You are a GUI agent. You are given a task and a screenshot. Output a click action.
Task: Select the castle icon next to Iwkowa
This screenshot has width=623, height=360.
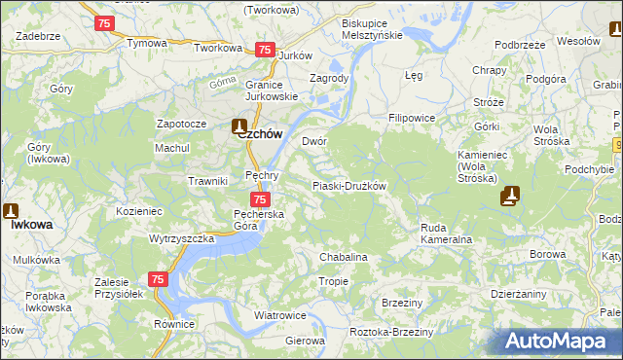pyautogui.click(x=11, y=210)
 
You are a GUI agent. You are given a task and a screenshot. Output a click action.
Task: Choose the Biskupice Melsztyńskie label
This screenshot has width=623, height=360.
pyautogui.click(x=372, y=28)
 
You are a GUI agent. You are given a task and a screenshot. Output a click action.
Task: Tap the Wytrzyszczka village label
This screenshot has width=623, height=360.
pyautogui.click(x=182, y=237)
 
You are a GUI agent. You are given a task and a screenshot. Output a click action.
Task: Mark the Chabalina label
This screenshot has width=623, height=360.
pyautogui.click(x=344, y=257)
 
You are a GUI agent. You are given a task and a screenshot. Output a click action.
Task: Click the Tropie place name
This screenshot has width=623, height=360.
pyautogui.click(x=333, y=281)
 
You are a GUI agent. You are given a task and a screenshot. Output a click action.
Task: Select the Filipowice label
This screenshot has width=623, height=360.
pyautogui.click(x=411, y=118)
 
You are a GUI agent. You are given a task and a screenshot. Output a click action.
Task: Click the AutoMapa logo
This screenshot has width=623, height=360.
pyautogui.click(x=558, y=341)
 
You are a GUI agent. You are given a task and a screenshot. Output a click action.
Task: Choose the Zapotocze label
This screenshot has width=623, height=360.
pyautogui.click(x=182, y=125)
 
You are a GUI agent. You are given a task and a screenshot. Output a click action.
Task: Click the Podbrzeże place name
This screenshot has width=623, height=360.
pyautogui.click(x=519, y=45)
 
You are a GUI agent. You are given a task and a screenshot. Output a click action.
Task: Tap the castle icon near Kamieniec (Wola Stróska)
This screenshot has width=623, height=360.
pyautogui.click(x=510, y=197)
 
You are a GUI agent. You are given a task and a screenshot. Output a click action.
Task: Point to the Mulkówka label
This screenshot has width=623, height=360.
pyautogui.click(x=37, y=260)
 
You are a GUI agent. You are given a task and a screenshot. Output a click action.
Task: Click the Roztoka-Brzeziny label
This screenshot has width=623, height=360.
pyautogui.click(x=390, y=331)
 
